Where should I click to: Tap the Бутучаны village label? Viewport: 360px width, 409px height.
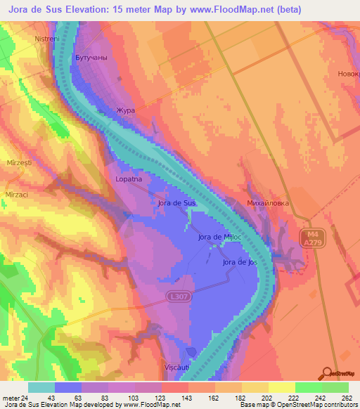click(x=90, y=58)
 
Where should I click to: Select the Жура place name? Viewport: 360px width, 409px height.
click(x=125, y=110)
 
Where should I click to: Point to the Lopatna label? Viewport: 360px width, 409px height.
click(x=129, y=180)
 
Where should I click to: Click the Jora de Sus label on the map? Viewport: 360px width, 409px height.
click(x=176, y=203)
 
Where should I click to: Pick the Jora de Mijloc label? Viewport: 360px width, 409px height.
click(x=221, y=238)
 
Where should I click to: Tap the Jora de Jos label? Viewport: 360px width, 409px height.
click(x=240, y=262)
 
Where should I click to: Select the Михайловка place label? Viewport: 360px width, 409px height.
click(x=269, y=203)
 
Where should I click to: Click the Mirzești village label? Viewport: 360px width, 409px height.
click(x=20, y=162)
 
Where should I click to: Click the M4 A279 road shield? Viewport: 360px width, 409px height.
click(x=312, y=238)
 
